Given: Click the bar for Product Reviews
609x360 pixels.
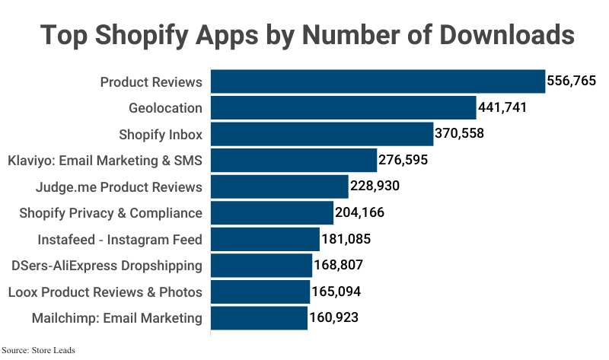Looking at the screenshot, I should point(378,81).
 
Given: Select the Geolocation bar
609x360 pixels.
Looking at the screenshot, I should point(343,108).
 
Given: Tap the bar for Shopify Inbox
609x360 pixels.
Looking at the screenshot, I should point(322,134).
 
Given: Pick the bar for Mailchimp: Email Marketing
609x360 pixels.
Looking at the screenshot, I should point(259,318).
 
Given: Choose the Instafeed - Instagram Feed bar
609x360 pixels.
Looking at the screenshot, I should point(265,239).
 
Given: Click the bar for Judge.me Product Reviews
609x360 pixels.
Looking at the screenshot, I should point(279,186).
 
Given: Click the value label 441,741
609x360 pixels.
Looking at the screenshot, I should point(502,108).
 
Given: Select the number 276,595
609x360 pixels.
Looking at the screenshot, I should point(403,161).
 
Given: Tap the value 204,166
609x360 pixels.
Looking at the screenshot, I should point(359,213).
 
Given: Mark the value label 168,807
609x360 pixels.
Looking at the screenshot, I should point(338,266).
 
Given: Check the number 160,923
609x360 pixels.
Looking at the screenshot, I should point(333,318).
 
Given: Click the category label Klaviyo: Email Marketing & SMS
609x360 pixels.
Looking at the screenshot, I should point(104,161).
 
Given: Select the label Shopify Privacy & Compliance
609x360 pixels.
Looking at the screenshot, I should point(110,213).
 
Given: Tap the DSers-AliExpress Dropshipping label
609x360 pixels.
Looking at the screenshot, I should point(107,266).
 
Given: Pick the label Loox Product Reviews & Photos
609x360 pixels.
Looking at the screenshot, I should point(105,292).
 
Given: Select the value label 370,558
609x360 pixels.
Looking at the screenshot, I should point(459,134).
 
